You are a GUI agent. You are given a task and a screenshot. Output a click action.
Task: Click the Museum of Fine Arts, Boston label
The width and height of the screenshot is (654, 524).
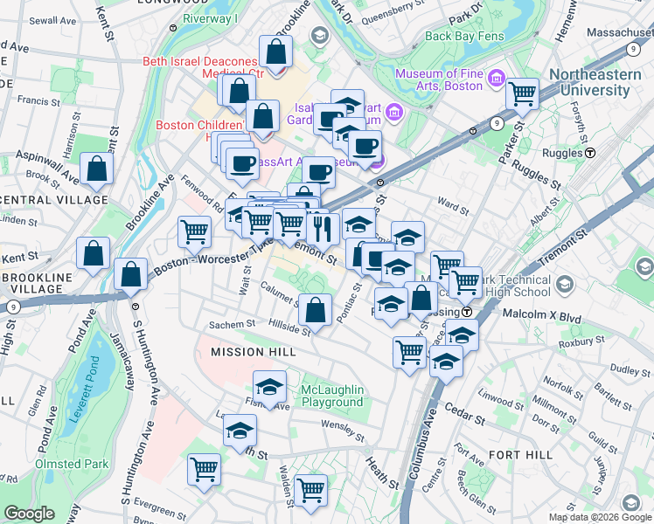(x=439, y=79)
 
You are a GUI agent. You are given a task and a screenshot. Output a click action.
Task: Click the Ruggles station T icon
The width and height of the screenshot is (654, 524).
(x=590, y=152)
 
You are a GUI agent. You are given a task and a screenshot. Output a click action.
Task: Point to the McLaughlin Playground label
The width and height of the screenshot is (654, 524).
(x=331, y=396)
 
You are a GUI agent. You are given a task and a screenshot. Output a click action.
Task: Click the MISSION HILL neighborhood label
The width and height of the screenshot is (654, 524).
(x=249, y=351)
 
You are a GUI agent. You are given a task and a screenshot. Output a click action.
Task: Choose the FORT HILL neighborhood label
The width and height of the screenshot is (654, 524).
(x=520, y=455)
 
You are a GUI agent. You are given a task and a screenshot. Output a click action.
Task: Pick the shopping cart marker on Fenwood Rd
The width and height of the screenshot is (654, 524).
(x=193, y=231)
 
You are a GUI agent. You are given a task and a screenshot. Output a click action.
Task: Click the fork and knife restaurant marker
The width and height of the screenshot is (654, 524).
(x=323, y=228)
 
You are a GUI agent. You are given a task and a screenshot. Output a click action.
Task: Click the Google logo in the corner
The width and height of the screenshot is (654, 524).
(x=29, y=514)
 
